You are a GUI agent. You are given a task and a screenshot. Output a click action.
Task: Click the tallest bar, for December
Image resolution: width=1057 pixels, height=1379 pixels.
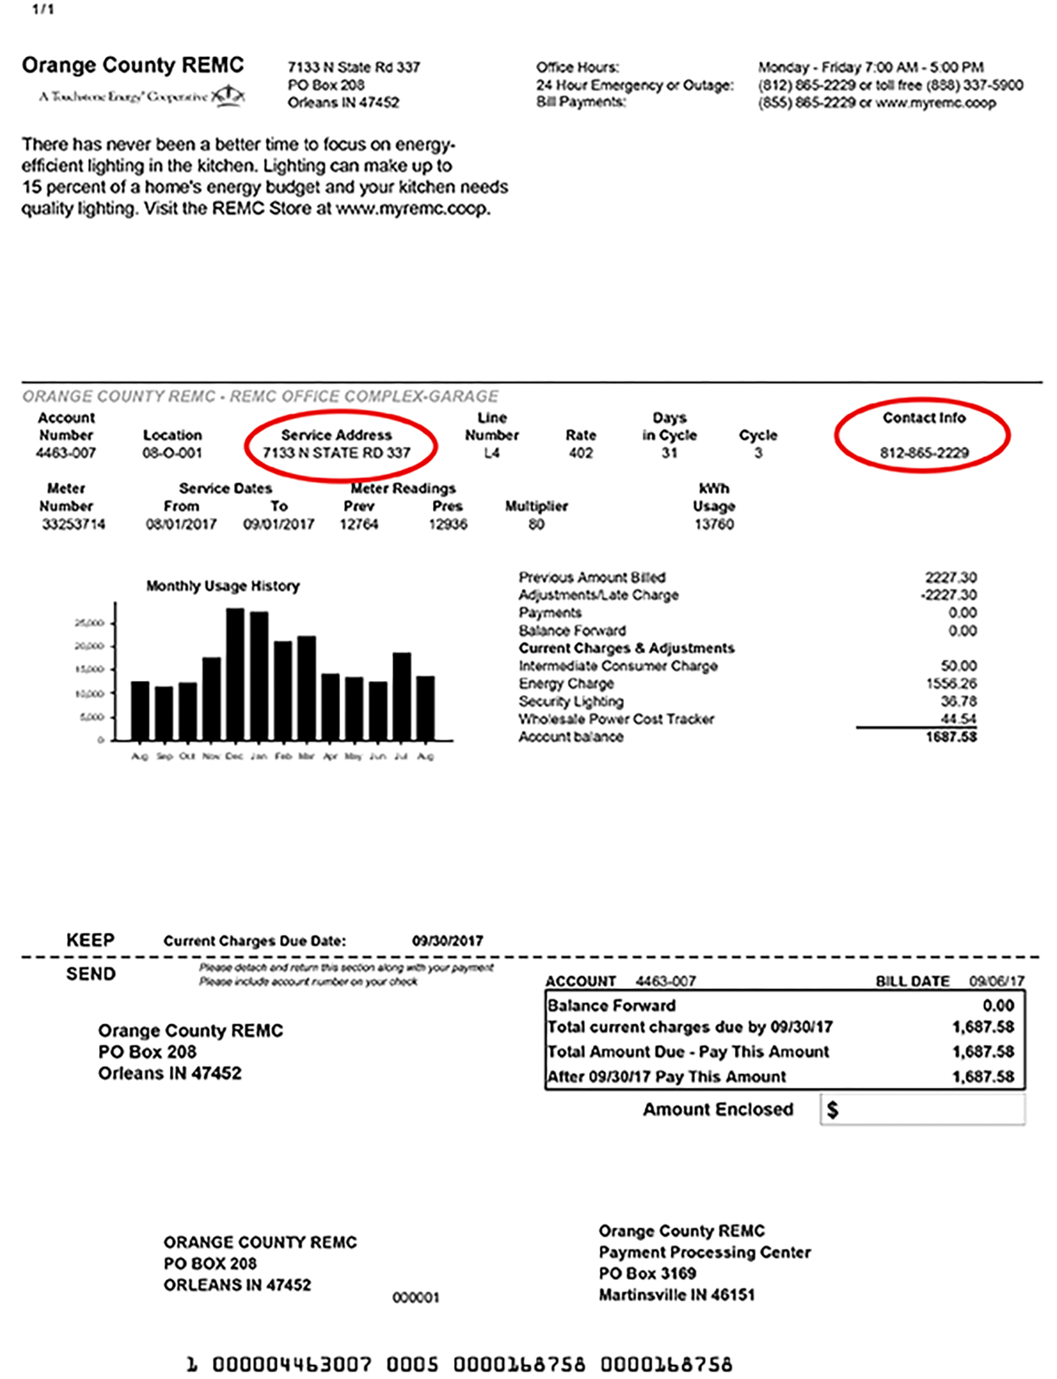(x=235, y=674)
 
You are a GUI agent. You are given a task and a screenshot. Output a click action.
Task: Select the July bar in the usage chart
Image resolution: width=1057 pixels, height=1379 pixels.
(x=401, y=696)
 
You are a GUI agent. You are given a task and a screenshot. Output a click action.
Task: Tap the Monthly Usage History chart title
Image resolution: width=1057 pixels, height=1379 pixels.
(x=223, y=586)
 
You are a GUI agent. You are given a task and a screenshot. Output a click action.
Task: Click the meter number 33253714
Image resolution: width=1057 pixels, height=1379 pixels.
(x=74, y=525)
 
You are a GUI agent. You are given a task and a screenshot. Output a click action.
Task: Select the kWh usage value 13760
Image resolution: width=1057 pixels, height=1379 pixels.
(x=714, y=525)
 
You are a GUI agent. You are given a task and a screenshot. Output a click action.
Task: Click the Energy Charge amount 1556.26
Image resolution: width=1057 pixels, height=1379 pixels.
(x=951, y=684)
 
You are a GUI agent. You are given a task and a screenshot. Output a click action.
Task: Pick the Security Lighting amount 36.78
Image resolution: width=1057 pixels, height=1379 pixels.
(x=958, y=702)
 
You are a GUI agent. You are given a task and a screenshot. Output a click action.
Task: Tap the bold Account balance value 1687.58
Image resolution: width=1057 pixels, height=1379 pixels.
(x=951, y=737)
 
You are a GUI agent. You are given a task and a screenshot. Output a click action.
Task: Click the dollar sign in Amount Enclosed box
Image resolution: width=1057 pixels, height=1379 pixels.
(x=832, y=1109)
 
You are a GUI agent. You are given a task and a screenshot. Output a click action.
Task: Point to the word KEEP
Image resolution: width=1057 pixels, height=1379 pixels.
(x=90, y=940)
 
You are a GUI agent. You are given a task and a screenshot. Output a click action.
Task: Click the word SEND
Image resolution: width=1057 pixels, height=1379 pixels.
(x=91, y=974)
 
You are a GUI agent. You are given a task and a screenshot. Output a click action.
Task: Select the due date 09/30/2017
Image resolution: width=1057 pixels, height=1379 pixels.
(x=447, y=941)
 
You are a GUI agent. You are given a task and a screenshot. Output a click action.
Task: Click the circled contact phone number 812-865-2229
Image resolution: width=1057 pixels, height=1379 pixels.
(x=924, y=453)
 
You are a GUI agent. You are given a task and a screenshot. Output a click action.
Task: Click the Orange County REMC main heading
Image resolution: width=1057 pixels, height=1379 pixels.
(x=133, y=65)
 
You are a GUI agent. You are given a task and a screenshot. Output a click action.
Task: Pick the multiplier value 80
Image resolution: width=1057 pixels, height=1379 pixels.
(x=536, y=525)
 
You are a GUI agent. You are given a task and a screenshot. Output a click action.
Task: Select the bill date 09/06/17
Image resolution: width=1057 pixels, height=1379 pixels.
(x=996, y=981)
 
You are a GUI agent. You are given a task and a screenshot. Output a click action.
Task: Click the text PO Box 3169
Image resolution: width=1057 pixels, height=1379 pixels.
(x=647, y=1273)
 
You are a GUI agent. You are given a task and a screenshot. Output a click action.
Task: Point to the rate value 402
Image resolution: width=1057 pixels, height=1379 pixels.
(x=581, y=453)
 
